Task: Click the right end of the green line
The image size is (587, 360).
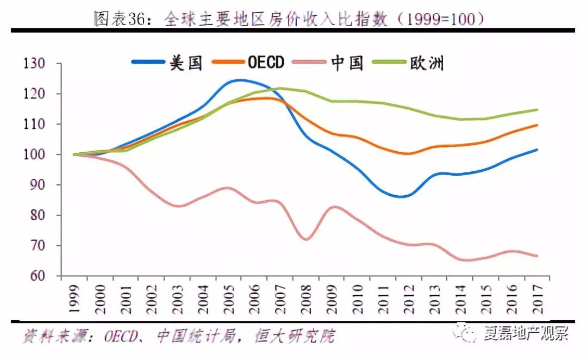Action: click(537, 110)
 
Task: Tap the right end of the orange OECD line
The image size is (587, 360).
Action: click(537, 125)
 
